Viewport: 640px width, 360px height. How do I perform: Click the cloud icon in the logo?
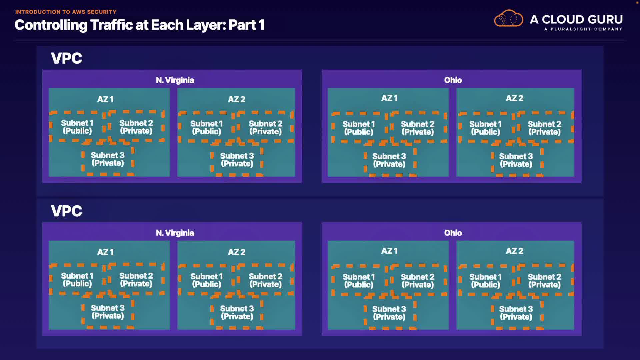coord(508,18)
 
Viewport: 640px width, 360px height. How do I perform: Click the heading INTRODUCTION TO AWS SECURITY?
coord(66,12)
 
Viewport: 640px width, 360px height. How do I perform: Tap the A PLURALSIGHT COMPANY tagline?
coord(583,29)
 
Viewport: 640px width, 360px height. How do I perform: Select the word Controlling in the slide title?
coord(51,25)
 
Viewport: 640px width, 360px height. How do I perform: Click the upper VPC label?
coord(66,58)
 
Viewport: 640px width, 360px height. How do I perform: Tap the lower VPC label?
coord(66,211)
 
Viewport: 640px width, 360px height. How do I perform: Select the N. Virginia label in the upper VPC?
coord(175,80)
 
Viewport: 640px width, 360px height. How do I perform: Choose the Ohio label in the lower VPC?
coord(453,233)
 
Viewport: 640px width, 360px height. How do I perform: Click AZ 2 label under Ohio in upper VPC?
coord(515,98)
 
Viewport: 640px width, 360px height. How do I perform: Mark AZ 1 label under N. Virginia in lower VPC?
coord(105,252)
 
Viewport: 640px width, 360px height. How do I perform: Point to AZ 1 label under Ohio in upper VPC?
coord(389,98)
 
